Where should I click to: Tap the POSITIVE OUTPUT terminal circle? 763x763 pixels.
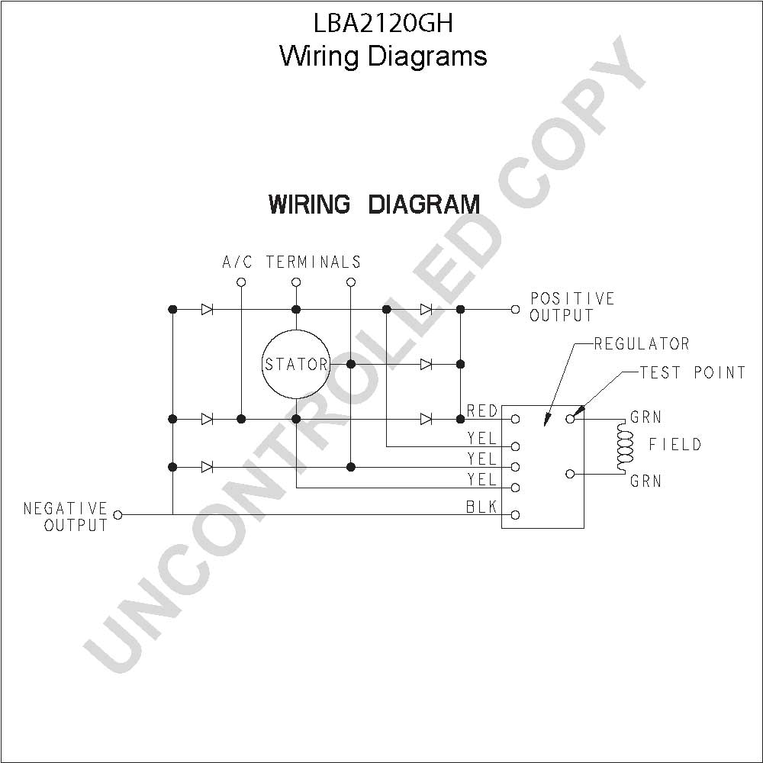[x=515, y=310]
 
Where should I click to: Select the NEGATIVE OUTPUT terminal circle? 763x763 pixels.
[x=118, y=514]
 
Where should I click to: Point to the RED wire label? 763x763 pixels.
[x=481, y=411]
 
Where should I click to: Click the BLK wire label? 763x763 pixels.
[x=481, y=507]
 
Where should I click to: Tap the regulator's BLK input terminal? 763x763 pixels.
[x=515, y=515]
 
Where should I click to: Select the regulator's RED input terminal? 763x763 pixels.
[x=515, y=419]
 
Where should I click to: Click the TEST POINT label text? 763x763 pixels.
[x=693, y=373]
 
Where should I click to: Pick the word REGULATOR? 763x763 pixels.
[x=642, y=344]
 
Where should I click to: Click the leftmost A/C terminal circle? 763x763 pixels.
[x=241, y=282]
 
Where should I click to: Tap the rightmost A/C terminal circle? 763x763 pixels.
[x=351, y=282]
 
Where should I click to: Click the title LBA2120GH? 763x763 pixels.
[x=384, y=23]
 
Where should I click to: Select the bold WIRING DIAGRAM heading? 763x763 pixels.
[x=374, y=204]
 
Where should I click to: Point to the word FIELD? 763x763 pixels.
[x=675, y=444]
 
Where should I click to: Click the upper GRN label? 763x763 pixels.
[x=645, y=417]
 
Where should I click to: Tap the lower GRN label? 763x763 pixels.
[x=645, y=481]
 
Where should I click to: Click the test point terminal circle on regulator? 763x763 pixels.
[x=570, y=419]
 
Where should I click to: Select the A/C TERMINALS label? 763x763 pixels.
[x=291, y=262]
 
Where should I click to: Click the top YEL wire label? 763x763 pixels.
[x=481, y=439]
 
